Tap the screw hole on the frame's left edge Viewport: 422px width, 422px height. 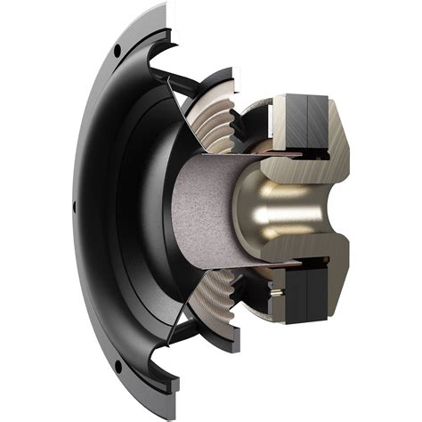pyautogui.click(x=74, y=207)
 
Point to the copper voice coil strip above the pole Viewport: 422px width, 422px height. pyautogui.click(x=258, y=153)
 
